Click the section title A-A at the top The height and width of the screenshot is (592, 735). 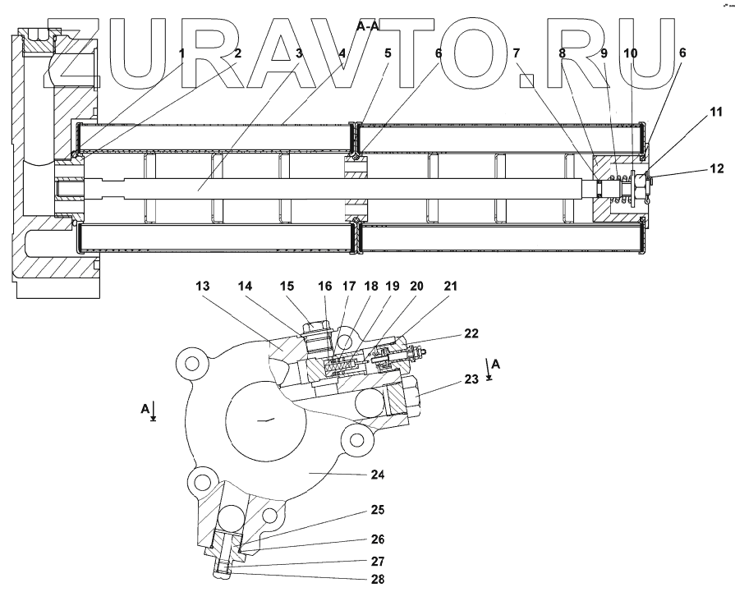pyautogui.click(x=367, y=26)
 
